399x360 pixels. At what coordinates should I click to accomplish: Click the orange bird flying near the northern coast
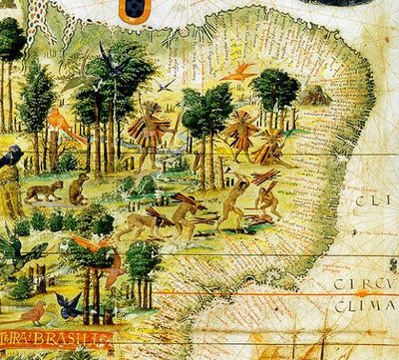tap(241, 72)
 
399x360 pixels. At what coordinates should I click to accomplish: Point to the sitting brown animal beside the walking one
tap(78, 184)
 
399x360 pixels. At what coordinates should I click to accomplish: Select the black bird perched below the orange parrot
tap(12, 156)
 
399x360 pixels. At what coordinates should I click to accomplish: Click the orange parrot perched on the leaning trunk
tap(60, 122)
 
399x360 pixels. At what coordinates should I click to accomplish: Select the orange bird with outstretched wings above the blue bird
tap(92, 244)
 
